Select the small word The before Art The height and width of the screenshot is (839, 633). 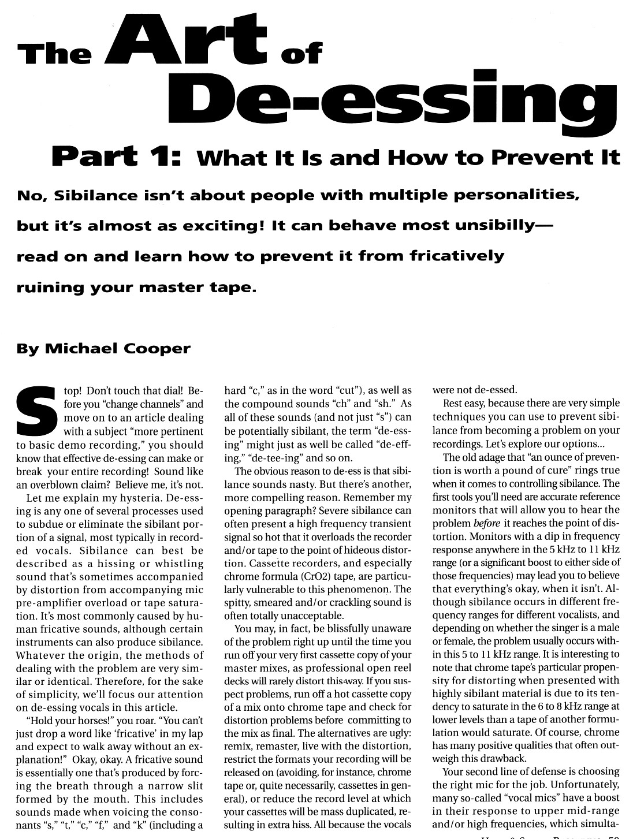point(54,54)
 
